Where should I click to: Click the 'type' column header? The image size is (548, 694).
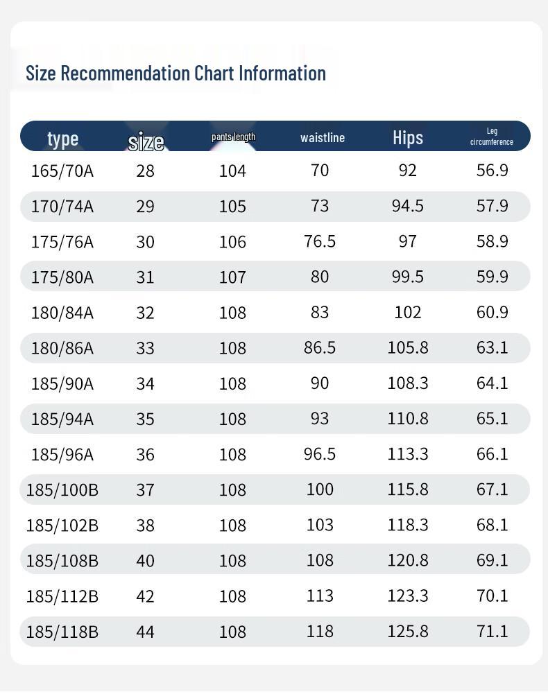click(x=62, y=139)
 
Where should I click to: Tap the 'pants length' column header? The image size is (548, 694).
click(x=233, y=137)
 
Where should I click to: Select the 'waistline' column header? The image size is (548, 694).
click(x=323, y=138)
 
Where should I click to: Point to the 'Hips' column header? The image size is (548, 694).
click(x=408, y=138)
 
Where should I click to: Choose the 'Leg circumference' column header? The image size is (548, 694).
click(x=492, y=137)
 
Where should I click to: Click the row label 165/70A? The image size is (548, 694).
click(x=62, y=171)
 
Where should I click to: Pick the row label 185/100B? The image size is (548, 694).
click(x=62, y=490)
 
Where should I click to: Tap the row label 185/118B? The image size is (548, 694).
click(x=62, y=632)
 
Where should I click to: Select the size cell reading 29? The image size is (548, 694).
click(x=145, y=207)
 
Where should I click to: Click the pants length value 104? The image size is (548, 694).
click(x=232, y=171)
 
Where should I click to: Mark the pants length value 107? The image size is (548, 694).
click(x=232, y=277)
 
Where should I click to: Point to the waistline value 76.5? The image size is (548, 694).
click(x=320, y=241)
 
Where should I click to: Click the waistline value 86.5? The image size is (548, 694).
click(x=320, y=347)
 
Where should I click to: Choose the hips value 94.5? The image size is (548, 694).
click(x=408, y=206)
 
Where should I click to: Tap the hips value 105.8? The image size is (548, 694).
click(x=408, y=347)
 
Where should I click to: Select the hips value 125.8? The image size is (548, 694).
click(x=408, y=631)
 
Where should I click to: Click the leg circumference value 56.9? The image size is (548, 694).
click(x=493, y=171)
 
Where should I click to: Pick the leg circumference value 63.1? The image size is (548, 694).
click(x=493, y=347)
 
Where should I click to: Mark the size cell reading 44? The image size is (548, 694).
click(x=145, y=632)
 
